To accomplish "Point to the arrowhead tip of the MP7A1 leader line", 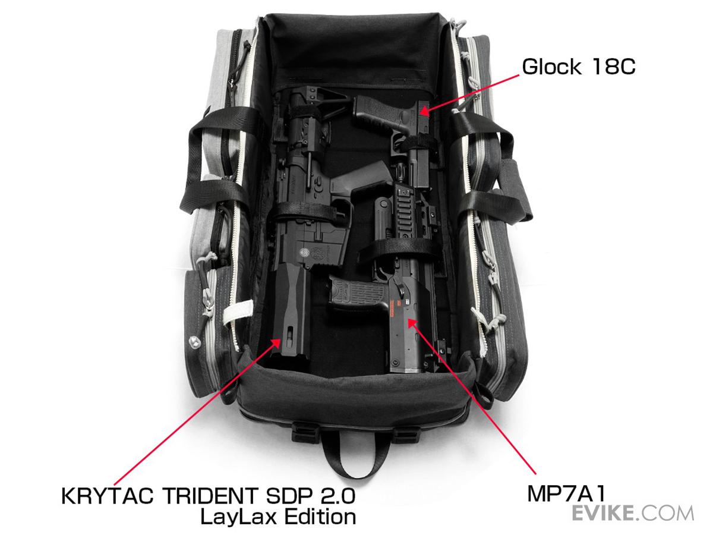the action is click(x=408, y=319).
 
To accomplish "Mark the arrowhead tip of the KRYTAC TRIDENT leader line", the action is click(x=280, y=339).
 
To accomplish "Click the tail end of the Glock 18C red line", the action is click(x=519, y=75).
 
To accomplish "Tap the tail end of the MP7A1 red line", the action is click(x=535, y=474).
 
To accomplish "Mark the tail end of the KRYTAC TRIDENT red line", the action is click(x=114, y=485).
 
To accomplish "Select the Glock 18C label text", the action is click(x=579, y=67).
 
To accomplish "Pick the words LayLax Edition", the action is click(x=278, y=517).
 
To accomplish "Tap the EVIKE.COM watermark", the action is click(x=632, y=513).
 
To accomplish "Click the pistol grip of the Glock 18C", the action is click(x=377, y=115).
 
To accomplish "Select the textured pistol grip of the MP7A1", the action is click(x=357, y=292).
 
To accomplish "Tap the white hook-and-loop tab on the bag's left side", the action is click(x=238, y=311).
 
